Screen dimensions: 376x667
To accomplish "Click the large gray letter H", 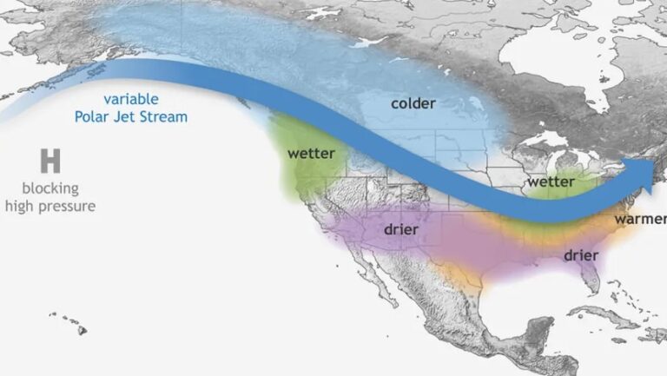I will (x=50, y=161).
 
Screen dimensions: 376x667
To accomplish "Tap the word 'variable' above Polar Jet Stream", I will (x=130, y=99).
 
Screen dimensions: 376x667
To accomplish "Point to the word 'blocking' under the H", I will (x=50, y=188).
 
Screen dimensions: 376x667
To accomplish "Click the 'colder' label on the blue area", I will (x=413, y=103).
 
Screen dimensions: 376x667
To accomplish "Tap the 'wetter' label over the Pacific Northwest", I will (x=311, y=153).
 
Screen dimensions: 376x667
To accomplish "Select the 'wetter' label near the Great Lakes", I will (x=551, y=181).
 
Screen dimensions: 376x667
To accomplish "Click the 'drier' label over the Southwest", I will (x=399, y=229).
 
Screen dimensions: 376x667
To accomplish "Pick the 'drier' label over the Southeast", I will (x=580, y=255).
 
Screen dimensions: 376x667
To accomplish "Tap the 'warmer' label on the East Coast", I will (x=640, y=219).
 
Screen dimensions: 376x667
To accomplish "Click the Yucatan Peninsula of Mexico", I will (x=538, y=327).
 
